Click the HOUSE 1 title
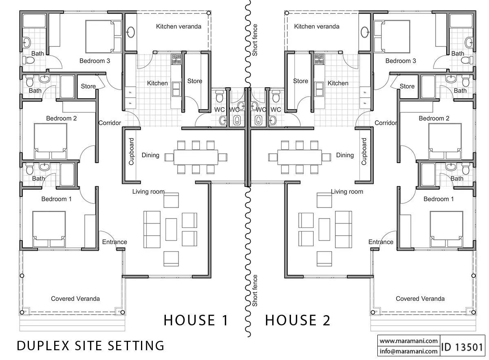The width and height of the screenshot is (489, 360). click(196, 320)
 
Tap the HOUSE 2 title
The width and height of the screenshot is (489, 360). click(297, 320)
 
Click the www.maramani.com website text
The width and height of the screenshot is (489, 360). click(409, 341)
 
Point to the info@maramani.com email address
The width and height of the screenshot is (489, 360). click(409, 351)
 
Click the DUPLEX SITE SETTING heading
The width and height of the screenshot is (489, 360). click(90, 346)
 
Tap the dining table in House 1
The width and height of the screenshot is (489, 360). click(196, 157)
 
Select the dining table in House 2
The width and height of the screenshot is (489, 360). click(300, 157)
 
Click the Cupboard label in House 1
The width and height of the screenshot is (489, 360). click(131, 151)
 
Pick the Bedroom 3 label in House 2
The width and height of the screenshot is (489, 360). click(401, 61)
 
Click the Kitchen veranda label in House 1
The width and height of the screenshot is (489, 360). click(178, 27)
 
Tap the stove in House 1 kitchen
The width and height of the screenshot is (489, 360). click(176, 59)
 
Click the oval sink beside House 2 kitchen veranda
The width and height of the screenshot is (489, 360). click(364, 32)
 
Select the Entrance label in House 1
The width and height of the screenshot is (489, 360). click(115, 242)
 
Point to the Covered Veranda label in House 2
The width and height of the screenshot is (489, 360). click(420, 298)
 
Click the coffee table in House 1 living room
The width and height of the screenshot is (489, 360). click(171, 230)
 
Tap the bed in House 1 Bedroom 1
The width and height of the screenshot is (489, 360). click(49, 229)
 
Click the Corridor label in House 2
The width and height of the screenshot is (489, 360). click(386, 123)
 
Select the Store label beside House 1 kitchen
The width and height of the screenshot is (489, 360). click(195, 81)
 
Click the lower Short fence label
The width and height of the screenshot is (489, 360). click(255, 291)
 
